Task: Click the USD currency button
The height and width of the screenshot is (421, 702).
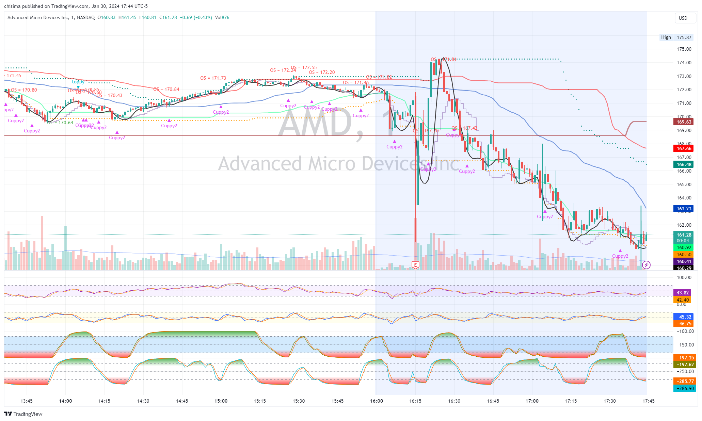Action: [x=683, y=18]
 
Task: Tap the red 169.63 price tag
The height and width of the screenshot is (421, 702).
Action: [x=684, y=122]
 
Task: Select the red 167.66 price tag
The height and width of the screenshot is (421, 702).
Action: [x=684, y=148]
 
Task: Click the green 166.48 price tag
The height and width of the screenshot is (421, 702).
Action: [x=684, y=164]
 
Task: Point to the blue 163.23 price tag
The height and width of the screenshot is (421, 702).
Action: [x=684, y=209]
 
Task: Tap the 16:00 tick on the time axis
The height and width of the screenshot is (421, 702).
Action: [x=377, y=401]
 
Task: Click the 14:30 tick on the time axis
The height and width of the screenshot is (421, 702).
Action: [x=143, y=401]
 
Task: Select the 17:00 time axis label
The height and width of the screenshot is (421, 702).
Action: [x=532, y=401]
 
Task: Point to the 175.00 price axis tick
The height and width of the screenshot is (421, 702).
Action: [x=684, y=49]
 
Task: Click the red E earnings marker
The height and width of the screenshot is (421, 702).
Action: [x=415, y=265]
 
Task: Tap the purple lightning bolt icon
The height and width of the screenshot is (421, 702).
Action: [x=646, y=265]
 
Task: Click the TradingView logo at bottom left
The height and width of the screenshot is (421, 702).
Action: [x=23, y=414]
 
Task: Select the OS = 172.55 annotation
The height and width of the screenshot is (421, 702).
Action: [x=304, y=67]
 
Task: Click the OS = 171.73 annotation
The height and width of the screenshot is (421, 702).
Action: [x=213, y=78]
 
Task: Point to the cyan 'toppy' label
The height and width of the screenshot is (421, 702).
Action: [x=78, y=82]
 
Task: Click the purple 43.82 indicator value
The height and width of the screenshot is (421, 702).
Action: [x=683, y=293]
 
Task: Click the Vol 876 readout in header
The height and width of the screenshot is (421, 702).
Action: [x=222, y=17]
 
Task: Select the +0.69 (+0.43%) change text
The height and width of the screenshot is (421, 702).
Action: [x=196, y=17]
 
